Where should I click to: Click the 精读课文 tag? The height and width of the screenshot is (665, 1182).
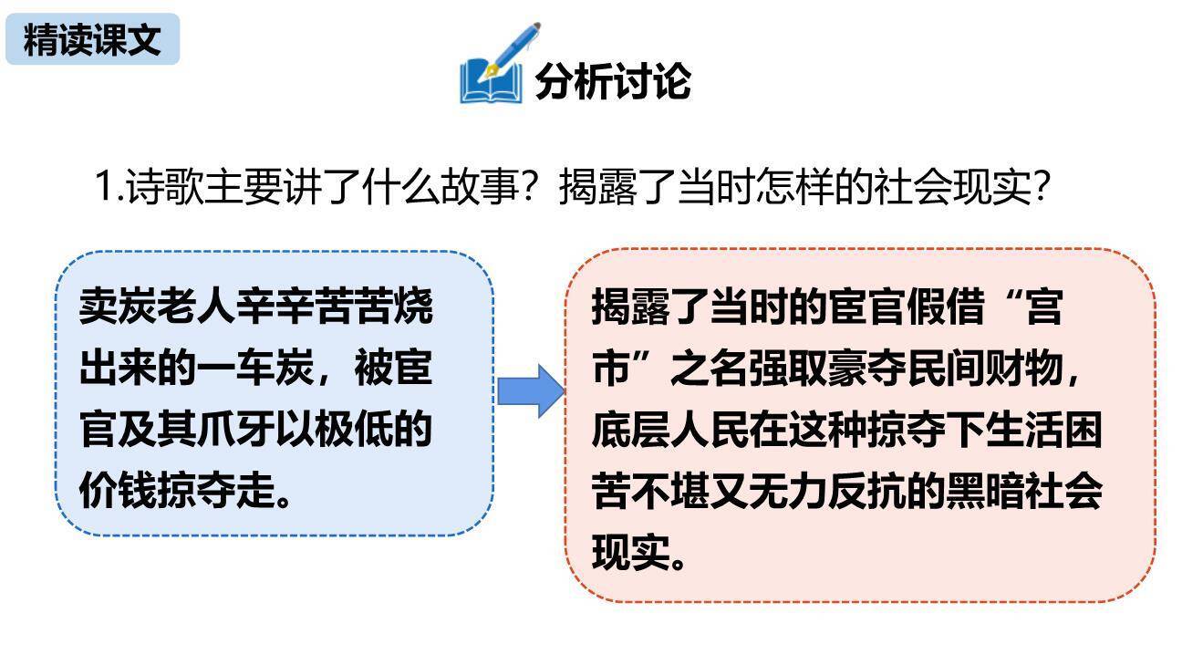[92, 40]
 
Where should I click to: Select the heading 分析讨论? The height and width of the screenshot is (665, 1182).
[612, 81]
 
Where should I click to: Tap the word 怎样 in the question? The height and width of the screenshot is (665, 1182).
[786, 187]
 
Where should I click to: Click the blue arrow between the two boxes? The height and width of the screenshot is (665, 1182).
[530, 391]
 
